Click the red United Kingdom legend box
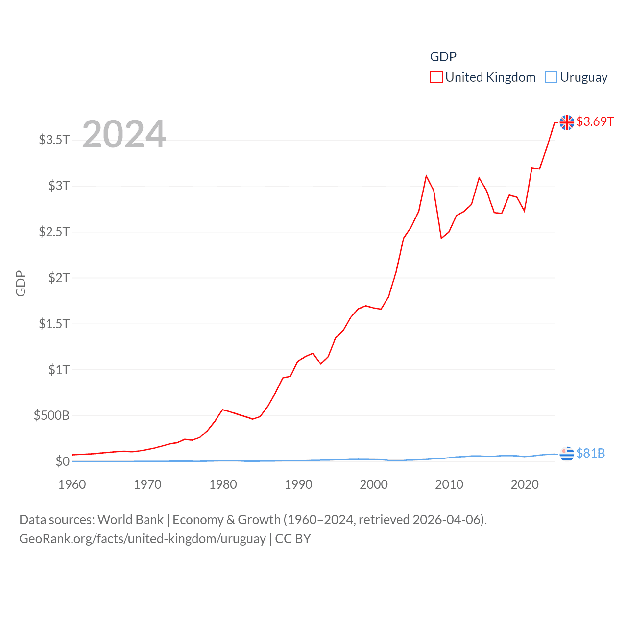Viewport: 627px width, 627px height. (x=436, y=77)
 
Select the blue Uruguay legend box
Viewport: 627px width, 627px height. (x=551, y=77)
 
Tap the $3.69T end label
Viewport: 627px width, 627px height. (x=595, y=121)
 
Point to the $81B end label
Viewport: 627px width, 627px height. (x=590, y=453)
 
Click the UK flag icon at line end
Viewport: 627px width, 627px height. (x=567, y=122)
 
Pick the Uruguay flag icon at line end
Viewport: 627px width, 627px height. (x=567, y=454)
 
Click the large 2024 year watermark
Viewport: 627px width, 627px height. (x=124, y=134)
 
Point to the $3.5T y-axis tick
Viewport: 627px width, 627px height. (x=54, y=140)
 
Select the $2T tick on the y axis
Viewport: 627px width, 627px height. (x=59, y=278)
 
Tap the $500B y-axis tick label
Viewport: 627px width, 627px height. (x=51, y=416)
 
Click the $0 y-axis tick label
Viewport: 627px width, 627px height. (x=63, y=461)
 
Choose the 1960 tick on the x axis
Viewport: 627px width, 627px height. (x=72, y=484)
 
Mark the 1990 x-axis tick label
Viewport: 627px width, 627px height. (x=298, y=484)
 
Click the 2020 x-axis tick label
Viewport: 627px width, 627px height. (x=525, y=484)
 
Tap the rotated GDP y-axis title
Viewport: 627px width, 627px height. (x=21, y=283)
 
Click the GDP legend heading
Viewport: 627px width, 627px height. (x=443, y=57)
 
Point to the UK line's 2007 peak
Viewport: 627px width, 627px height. (x=426, y=176)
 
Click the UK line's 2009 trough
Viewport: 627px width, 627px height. (x=441, y=238)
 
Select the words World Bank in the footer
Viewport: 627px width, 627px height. (x=131, y=519)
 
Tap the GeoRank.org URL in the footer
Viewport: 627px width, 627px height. (x=142, y=539)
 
